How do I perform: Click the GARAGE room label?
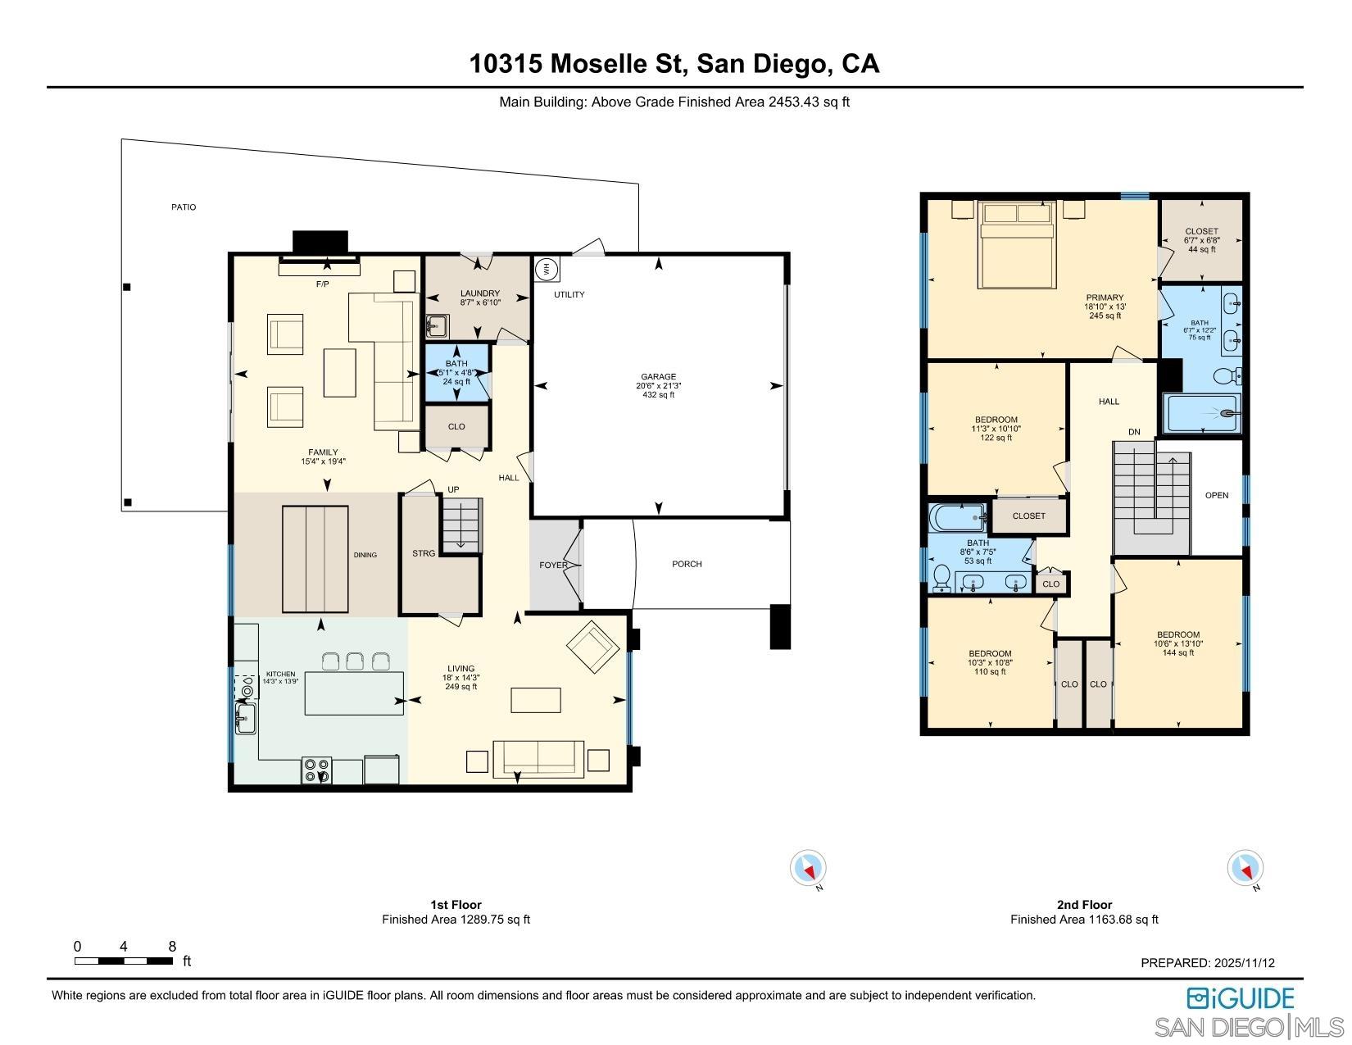[x=658, y=377]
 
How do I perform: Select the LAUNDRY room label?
[x=479, y=293]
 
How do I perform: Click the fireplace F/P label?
[x=322, y=284]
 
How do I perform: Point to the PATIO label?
[x=184, y=207]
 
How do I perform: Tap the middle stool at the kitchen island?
[x=355, y=661]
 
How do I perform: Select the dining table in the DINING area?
[x=315, y=559]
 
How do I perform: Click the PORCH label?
[x=687, y=564]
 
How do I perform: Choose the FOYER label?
[x=553, y=566]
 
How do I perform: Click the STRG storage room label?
[x=424, y=554]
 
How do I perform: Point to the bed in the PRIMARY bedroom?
[x=1017, y=246]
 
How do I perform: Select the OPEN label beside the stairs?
[x=1217, y=495]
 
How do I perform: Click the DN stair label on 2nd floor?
[x=1134, y=432]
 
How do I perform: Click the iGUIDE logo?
[x=1241, y=997]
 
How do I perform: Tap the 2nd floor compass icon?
[x=1245, y=868]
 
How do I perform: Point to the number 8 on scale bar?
[x=172, y=947]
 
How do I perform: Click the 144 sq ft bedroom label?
[x=1177, y=643]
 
